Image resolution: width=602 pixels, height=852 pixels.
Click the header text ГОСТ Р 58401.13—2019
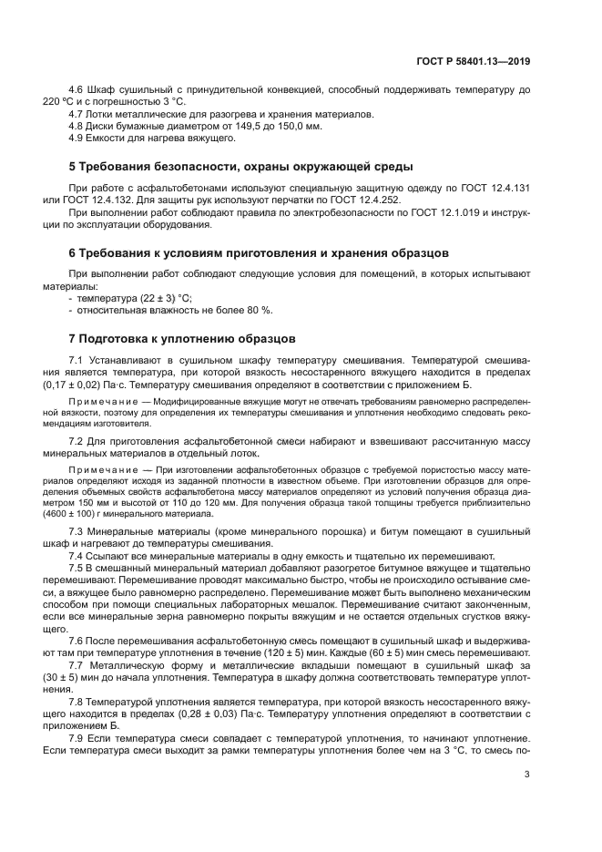click(x=472, y=61)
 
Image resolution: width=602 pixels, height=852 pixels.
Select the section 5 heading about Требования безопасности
click(x=229, y=166)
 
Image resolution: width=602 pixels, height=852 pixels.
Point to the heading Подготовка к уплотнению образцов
click(x=183, y=337)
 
